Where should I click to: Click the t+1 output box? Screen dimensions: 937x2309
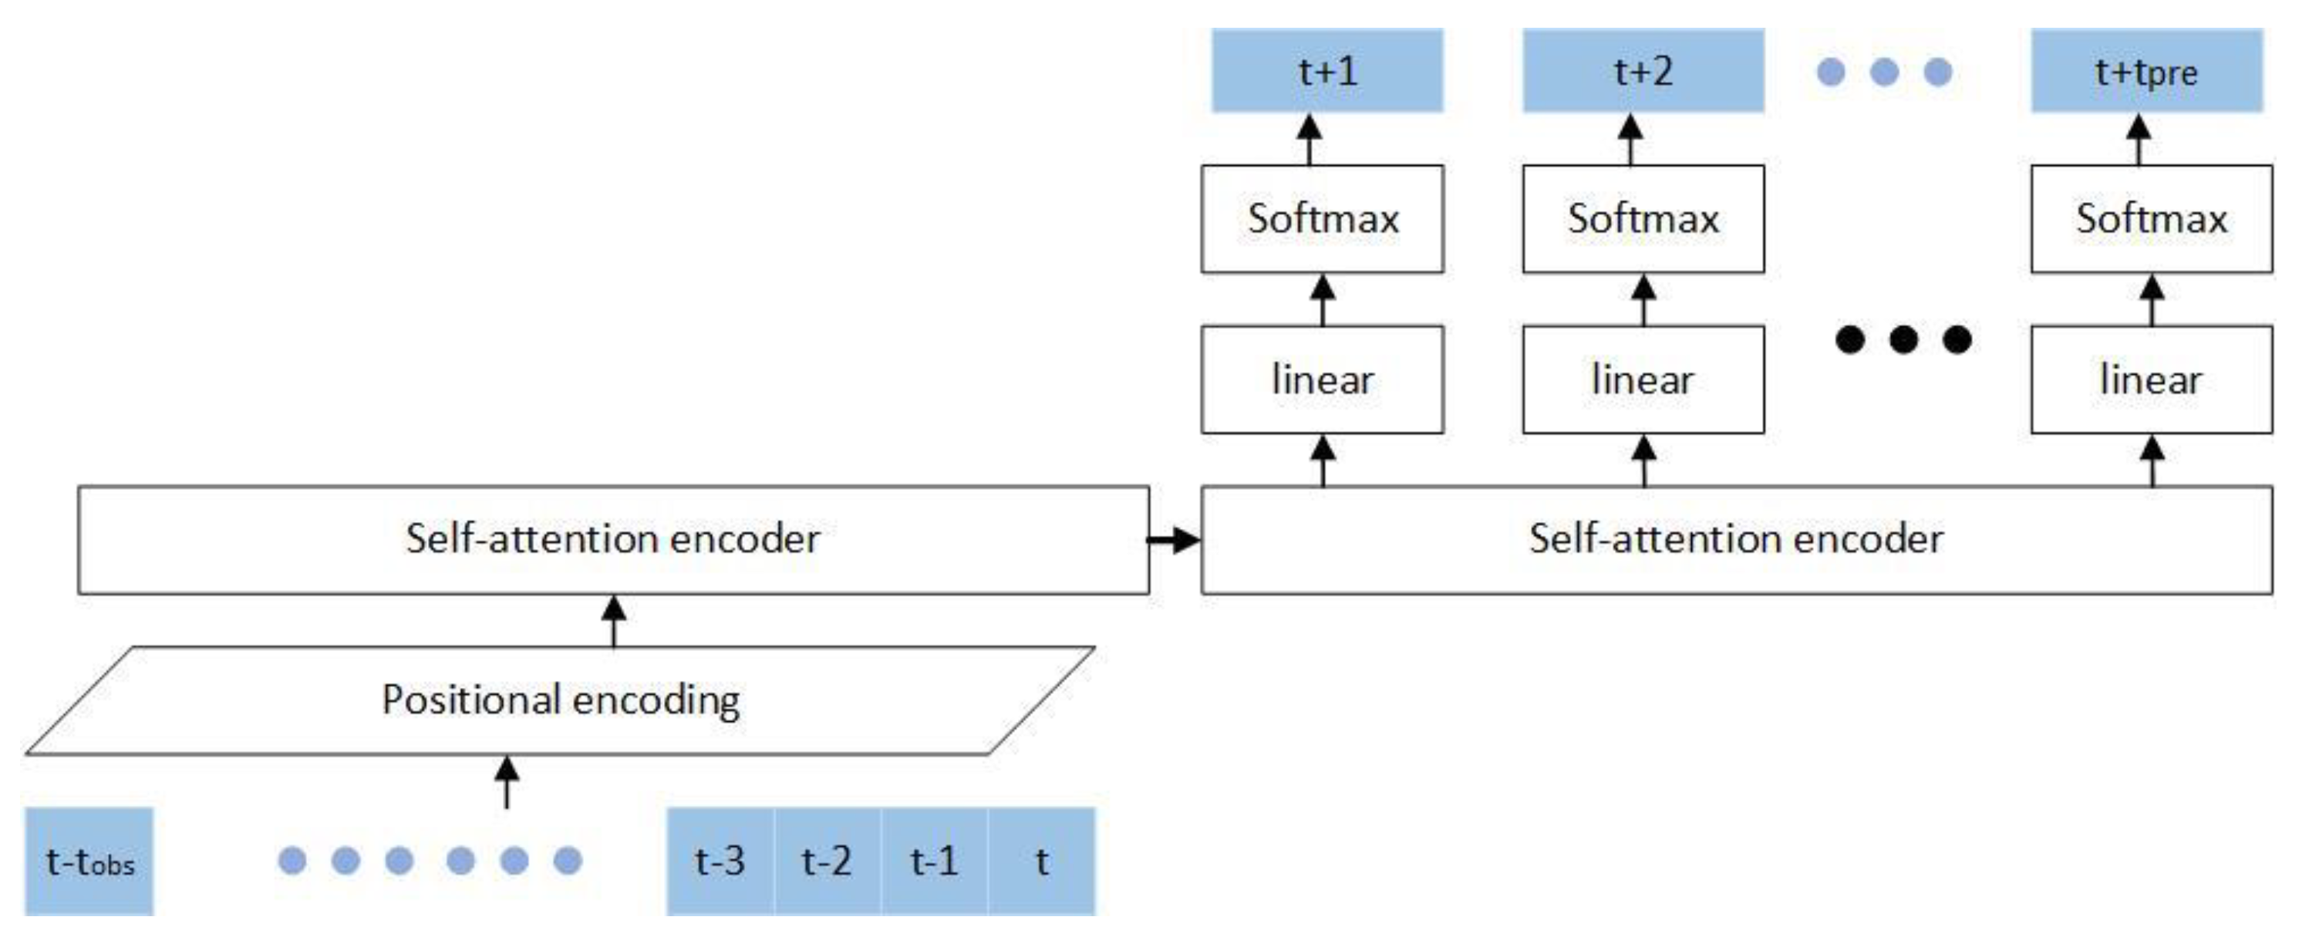(1326, 71)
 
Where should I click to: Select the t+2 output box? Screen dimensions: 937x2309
(1643, 71)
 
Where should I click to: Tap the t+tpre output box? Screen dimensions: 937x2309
(2147, 71)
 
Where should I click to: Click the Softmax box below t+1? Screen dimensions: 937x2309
(1322, 219)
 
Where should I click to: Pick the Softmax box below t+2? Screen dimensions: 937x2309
(1643, 219)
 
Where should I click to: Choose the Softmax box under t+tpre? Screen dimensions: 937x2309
(2151, 219)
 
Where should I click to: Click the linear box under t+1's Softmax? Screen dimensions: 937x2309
(1322, 379)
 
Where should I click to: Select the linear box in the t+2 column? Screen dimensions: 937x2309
(1643, 379)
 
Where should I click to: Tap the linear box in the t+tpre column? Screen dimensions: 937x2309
(2151, 379)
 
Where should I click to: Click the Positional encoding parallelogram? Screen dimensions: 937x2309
(560, 700)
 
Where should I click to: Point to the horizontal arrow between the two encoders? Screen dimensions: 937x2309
(1175, 540)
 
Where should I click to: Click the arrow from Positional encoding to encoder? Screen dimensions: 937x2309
(613, 621)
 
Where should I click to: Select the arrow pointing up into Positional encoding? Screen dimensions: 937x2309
(507, 781)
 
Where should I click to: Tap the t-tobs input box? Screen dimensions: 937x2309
(89, 861)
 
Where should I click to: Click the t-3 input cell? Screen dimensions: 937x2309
(720, 861)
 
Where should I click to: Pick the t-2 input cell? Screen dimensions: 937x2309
(827, 861)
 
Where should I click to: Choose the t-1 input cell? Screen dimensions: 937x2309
(934, 861)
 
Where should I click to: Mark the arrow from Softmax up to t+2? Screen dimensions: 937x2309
(1630, 139)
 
